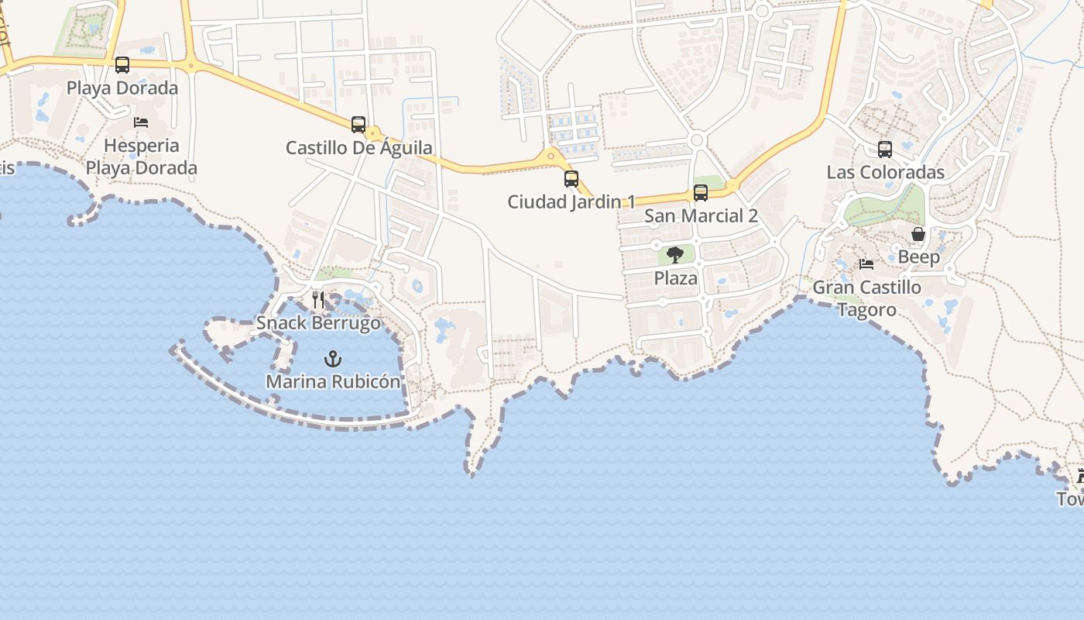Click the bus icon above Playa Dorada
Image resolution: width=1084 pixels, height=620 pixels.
tap(122, 65)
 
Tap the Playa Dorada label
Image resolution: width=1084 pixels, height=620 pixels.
tap(122, 88)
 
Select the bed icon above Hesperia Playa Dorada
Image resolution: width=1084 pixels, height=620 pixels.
tap(141, 122)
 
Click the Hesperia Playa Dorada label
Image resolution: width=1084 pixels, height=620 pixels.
tap(141, 157)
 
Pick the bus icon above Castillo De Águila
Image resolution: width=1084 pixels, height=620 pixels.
tap(358, 124)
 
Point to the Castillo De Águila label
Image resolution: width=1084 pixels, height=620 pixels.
tap(359, 147)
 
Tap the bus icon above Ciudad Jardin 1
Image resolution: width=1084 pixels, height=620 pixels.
tap(571, 179)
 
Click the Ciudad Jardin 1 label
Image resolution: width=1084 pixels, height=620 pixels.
tap(571, 201)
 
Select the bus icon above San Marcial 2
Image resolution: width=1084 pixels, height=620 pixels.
tap(701, 193)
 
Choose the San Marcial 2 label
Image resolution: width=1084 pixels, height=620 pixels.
tap(701, 215)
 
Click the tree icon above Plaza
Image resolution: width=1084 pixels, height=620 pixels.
tap(675, 254)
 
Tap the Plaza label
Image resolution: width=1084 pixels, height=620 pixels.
tap(676, 277)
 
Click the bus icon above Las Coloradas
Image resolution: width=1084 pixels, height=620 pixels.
tap(885, 150)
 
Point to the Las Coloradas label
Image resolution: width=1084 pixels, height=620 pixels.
tap(886, 172)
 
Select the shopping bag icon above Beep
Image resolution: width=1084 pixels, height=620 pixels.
tap(918, 234)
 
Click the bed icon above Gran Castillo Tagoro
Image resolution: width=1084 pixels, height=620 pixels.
tap(866, 264)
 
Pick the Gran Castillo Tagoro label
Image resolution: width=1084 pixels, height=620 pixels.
tap(866, 298)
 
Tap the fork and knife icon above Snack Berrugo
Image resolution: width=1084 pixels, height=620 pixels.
tap(318, 300)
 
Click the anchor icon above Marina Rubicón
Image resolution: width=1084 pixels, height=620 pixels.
tap(333, 359)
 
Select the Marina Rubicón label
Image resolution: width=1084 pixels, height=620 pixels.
tap(333, 381)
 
